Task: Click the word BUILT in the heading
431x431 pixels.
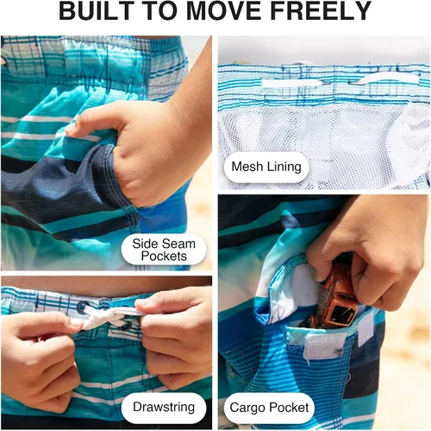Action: pyautogui.click(x=92, y=10)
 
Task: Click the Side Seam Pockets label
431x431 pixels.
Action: pyautogui.click(x=164, y=250)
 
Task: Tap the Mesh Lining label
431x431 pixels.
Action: pyautogui.click(x=266, y=167)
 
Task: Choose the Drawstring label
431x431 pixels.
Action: pyautogui.click(x=164, y=407)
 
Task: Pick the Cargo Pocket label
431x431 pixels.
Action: pyautogui.click(x=269, y=408)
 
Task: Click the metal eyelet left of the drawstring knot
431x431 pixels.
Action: pyautogui.click(x=83, y=307)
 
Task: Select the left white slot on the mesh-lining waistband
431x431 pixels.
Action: pyautogui.click(x=291, y=84)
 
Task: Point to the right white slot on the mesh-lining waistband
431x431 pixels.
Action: pyautogui.click(x=386, y=79)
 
